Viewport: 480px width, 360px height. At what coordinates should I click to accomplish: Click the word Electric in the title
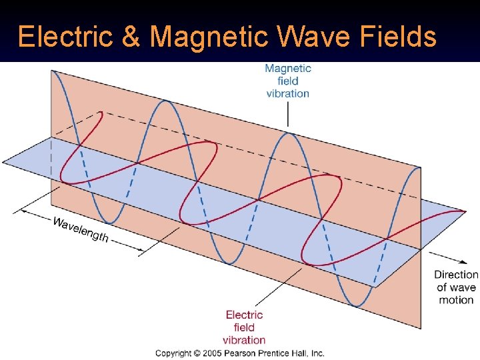tap(65, 37)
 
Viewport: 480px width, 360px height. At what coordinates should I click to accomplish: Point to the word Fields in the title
tap(399, 37)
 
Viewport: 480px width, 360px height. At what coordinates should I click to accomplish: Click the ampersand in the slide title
tap(131, 37)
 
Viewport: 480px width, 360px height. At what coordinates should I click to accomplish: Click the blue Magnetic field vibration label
tap(287, 81)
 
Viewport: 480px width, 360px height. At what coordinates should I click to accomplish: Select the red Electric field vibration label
tap(244, 327)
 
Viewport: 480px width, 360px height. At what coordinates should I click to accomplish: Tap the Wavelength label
tap(80, 230)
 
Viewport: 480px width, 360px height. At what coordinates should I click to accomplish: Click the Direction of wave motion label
tap(456, 287)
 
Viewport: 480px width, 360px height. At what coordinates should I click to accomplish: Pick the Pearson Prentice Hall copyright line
tap(239, 353)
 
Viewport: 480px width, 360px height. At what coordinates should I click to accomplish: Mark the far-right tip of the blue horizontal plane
tap(465, 212)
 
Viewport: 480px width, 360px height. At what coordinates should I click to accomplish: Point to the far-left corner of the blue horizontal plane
tap(3, 162)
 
